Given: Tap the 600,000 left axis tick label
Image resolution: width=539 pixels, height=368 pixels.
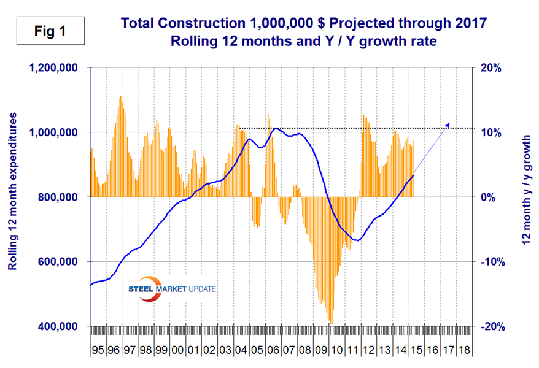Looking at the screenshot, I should [56, 262].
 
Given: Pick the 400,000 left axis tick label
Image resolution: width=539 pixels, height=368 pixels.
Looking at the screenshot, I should [56, 326].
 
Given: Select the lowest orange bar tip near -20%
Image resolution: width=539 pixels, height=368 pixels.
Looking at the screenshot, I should [331, 323].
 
